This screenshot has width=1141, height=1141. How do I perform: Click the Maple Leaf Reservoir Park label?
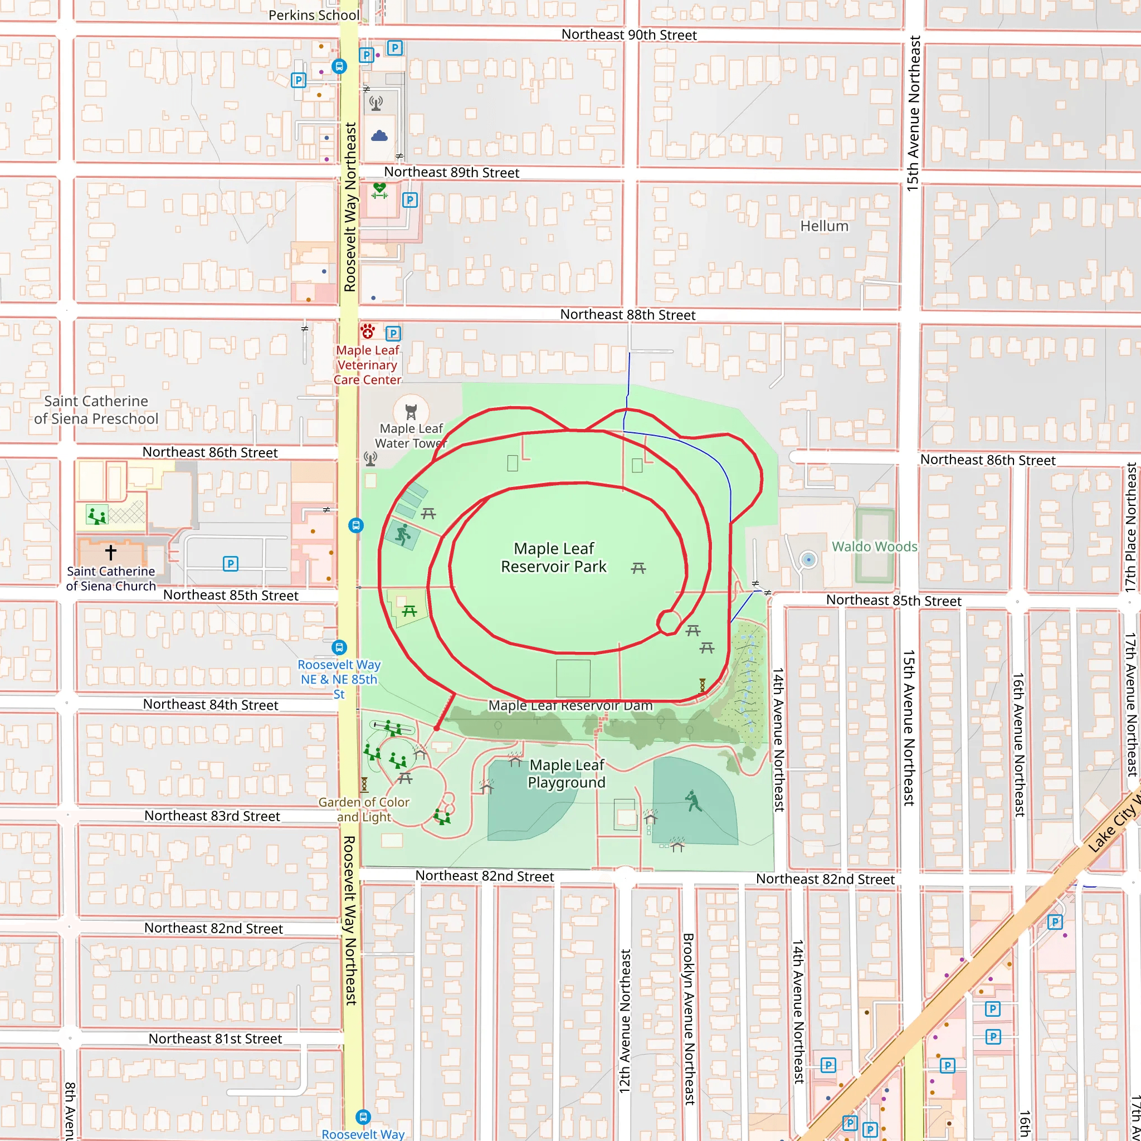553,558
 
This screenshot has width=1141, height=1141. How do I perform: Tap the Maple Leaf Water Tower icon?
411,412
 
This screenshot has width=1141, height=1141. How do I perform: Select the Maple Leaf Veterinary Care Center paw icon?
368,331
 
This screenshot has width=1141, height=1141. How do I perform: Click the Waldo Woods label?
874,547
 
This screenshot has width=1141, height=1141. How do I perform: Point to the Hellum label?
824,226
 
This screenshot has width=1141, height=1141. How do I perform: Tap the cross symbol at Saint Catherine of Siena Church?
110,553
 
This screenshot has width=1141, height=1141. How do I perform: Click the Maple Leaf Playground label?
567,774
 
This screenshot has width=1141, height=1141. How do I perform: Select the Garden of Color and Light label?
364,810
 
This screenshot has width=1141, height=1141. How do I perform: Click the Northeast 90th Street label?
628,35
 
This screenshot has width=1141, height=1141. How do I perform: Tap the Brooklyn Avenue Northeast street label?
689,1019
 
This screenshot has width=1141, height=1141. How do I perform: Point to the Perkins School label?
314,16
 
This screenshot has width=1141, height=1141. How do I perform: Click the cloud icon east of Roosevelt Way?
379,136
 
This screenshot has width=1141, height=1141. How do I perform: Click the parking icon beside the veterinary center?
393,334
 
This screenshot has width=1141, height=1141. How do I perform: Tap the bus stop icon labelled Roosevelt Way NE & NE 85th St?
339,647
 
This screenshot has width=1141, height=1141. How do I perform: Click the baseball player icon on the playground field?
693,801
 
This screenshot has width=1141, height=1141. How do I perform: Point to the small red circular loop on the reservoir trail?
669,622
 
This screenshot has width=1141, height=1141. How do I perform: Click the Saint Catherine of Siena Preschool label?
96,410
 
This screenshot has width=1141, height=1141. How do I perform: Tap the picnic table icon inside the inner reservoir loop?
638,568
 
